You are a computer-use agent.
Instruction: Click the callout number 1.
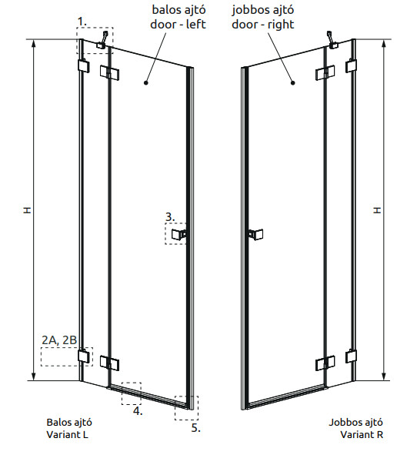[x=82, y=22]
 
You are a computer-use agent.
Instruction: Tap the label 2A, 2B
[x=59, y=340]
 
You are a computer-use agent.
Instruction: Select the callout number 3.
[x=170, y=217]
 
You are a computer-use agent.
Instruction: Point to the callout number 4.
[x=138, y=410]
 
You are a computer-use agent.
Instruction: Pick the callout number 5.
[x=195, y=428]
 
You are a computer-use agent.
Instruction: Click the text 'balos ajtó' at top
[x=179, y=9]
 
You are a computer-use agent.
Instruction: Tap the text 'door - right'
[x=262, y=25]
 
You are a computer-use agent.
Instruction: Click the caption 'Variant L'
[x=67, y=435]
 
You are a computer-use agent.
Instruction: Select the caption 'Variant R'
[x=362, y=435]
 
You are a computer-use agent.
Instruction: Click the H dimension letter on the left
[x=27, y=210]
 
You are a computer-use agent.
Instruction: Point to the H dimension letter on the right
[x=377, y=210]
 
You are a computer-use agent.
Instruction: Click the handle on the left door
[x=178, y=234]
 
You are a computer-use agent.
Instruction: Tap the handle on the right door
[x=255, y=235]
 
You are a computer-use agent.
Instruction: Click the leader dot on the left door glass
[x=146, y=83]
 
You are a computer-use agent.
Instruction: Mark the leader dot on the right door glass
[x=293, y=83]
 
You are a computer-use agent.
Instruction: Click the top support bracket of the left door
[x=103, y=40]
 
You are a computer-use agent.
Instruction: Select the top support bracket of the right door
[x=332, y=40]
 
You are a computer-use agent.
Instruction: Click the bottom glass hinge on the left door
[x=109, y=363]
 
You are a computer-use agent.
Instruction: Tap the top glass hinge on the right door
[x=325, y=73]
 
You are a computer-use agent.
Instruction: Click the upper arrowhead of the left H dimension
[x=34, y=42]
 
